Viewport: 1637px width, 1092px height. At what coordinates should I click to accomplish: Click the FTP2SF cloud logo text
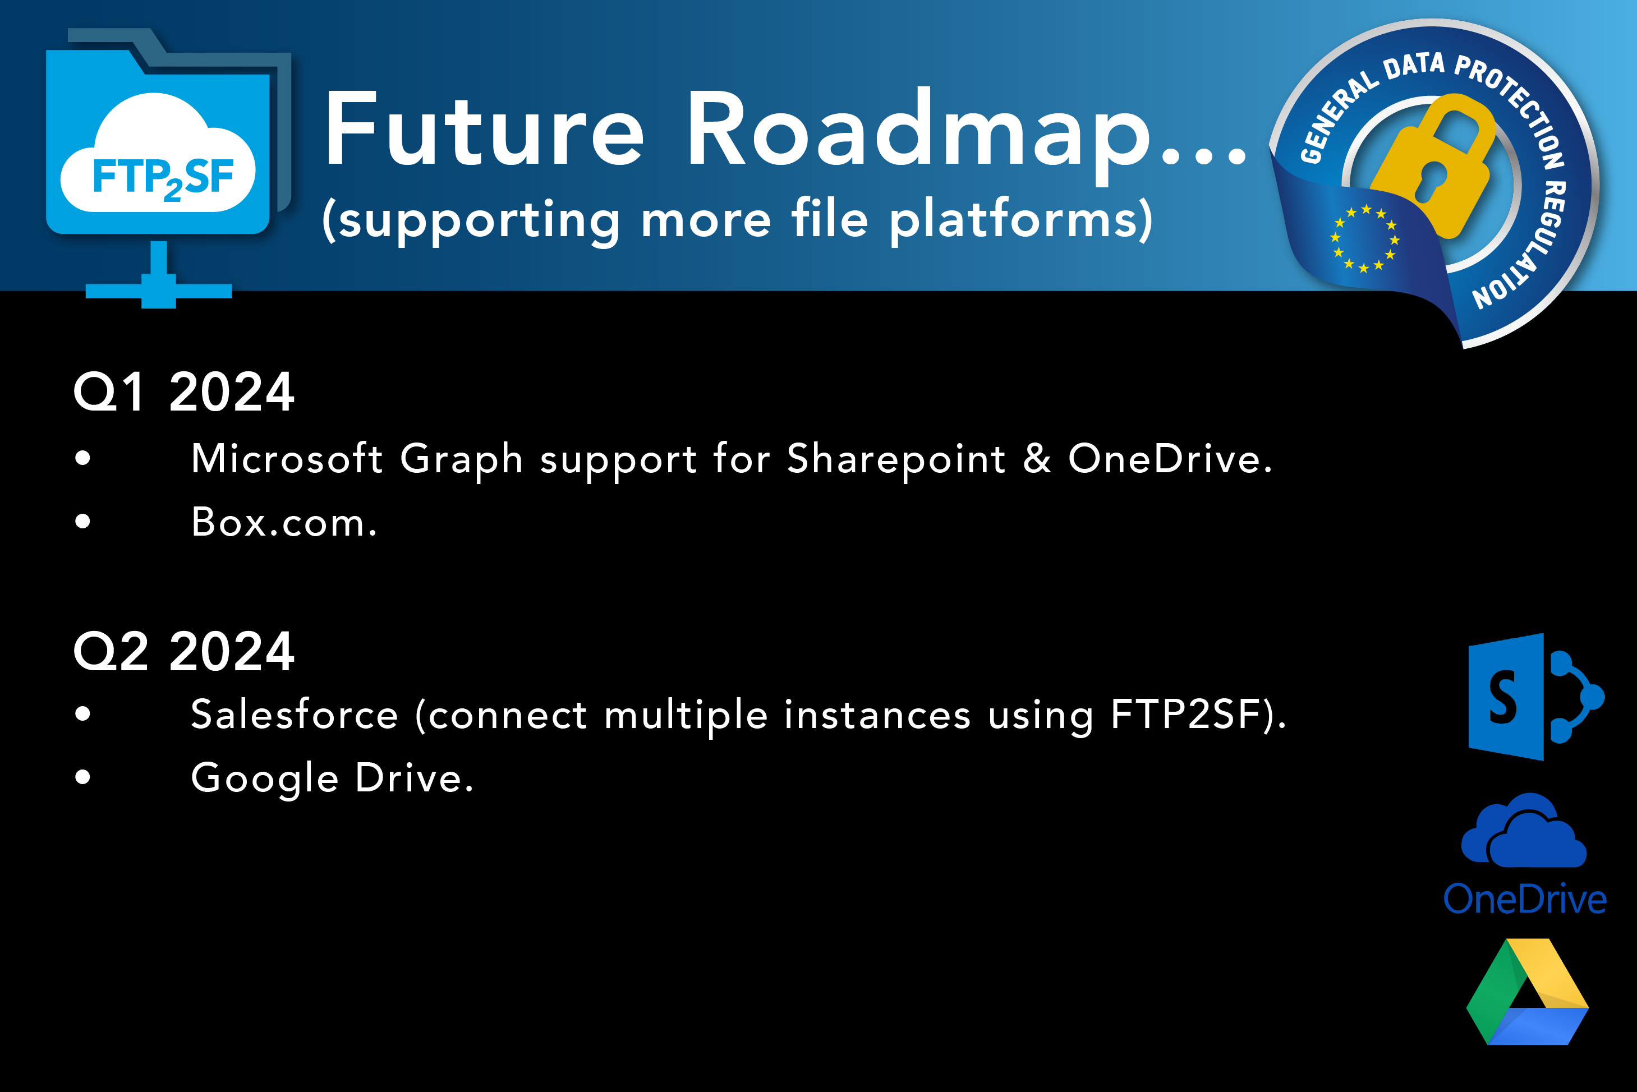163,178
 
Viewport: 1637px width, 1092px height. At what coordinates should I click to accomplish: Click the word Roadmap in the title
919,136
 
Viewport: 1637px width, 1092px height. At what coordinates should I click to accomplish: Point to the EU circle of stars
1364,239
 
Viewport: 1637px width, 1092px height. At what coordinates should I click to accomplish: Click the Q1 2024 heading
185,392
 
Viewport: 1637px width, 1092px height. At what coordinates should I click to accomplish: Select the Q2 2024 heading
185,652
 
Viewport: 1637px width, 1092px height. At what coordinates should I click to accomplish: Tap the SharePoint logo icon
1536,697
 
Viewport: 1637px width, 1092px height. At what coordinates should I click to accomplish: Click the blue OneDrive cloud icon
1524,830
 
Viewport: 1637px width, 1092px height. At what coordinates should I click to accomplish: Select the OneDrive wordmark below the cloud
1525,899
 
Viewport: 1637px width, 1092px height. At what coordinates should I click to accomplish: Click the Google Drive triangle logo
1528,992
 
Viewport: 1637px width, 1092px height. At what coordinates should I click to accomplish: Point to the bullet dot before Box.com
83,521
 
